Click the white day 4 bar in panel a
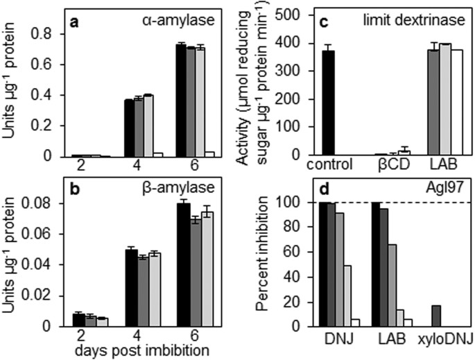(x=157, y=154)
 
